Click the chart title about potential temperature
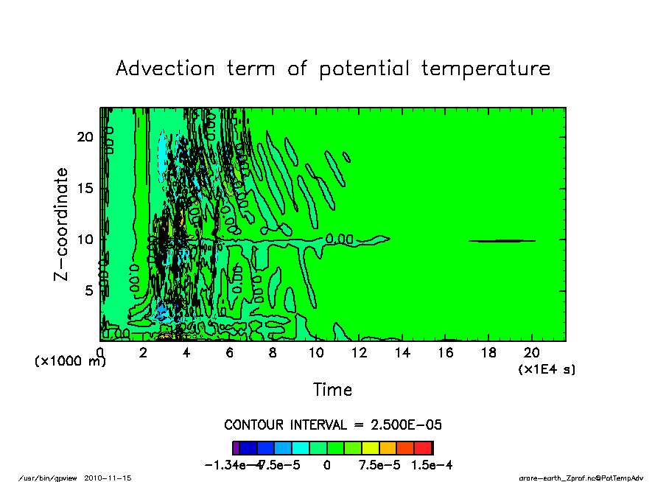(333, 69)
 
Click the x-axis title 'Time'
(332, 389)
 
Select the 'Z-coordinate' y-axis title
(61, 224)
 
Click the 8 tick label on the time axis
(273, 353)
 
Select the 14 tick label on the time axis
(402, 353)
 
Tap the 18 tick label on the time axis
(488, 353)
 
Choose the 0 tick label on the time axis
(100, 353)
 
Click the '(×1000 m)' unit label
(71, 362)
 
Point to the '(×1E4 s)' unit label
(547, 369)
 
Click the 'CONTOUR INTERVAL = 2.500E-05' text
(332, 425)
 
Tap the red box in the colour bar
(424, 447)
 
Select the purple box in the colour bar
(235, 447)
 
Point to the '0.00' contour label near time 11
(340, 239)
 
